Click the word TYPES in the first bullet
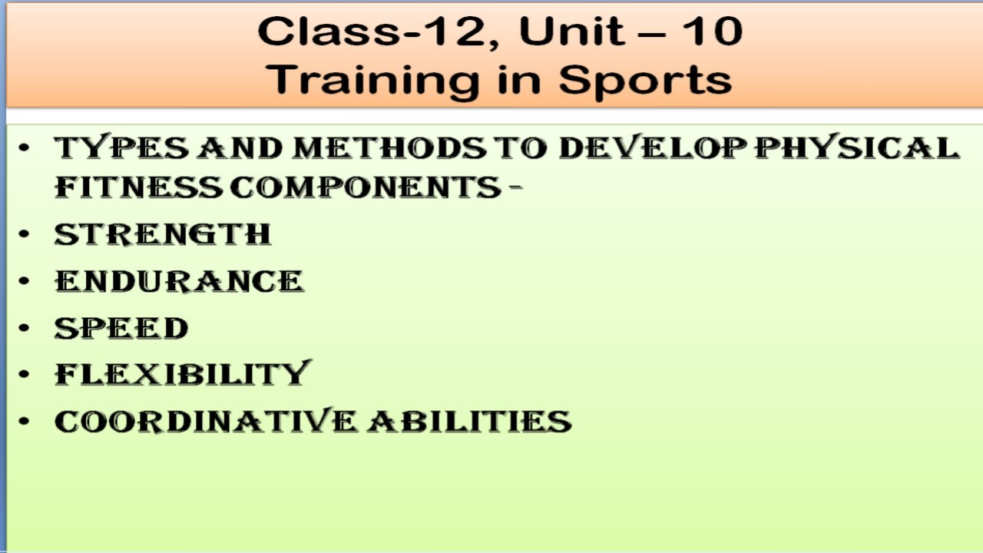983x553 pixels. click(121, 147)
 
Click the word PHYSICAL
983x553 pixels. click(857, 147)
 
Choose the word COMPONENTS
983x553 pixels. click(366, 187)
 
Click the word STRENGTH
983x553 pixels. click(163, 234)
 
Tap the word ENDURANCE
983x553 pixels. click(179, 281)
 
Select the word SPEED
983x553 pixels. click(121, 328)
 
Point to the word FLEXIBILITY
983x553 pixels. click(182, 374)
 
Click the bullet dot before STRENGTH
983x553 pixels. click(25, 234)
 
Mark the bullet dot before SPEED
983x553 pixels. click(25, 328)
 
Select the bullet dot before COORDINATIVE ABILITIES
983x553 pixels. click(25, 421)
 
